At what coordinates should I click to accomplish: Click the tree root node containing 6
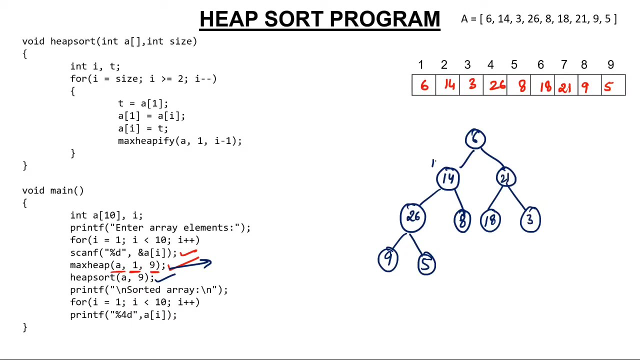coord(475,139)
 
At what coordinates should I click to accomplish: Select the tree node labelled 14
coord(448,178)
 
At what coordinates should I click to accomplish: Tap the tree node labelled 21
coord(506,178)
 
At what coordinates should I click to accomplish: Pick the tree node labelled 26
coord(413,217)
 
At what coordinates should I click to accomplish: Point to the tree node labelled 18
coord(490,220)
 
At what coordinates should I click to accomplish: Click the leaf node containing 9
coord(388,259)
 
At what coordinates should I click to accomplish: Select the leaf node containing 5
coord(426,264)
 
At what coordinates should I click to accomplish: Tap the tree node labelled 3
coord(530,220)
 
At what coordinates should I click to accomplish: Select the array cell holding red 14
coord(449,85)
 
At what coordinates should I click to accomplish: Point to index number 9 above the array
coord(610,65)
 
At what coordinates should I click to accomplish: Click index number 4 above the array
coord(490,65)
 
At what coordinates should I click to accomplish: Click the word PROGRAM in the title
coord(384,19)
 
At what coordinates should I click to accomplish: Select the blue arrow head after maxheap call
coord(207,262)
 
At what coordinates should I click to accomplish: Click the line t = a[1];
coord(143,103)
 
